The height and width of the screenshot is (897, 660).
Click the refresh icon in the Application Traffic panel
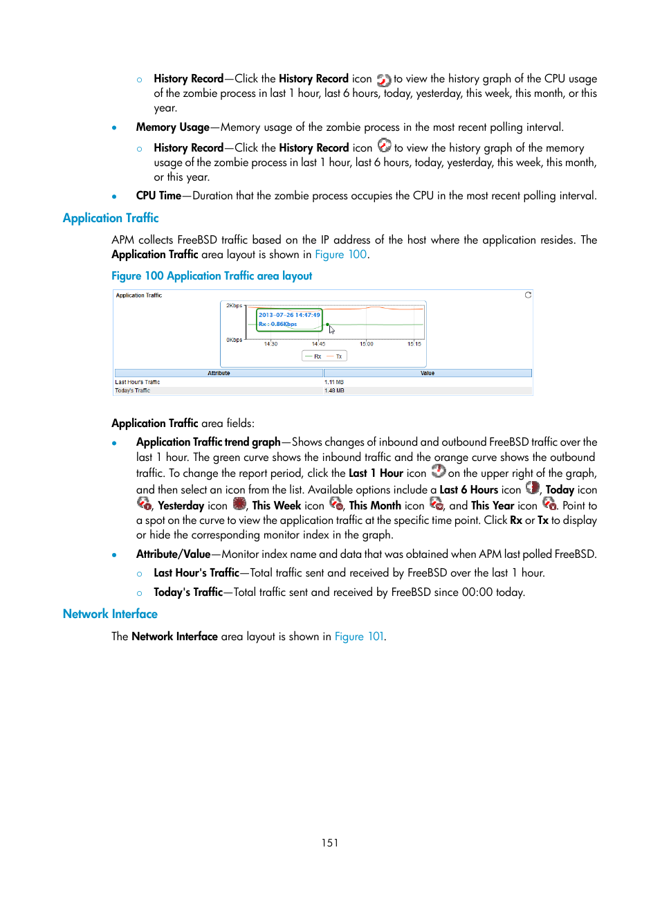pos(528,295)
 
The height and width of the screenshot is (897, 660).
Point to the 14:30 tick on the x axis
pos(271,343)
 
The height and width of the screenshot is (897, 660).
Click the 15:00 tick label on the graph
pos(366,343)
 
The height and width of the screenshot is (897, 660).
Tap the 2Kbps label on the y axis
pos(234,305)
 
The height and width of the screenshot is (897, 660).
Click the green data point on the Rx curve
pos(327,324)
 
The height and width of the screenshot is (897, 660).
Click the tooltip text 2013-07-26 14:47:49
pos(289,315)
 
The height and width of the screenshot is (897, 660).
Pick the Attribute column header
pos(219,373)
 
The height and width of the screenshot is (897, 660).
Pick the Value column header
pos(428,373)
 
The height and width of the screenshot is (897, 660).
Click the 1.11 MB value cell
pos(334,382)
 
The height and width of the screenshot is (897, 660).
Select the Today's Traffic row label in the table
pos(133,390)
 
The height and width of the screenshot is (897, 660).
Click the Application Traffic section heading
pos(111,218)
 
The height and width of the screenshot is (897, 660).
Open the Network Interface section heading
pos(110,614)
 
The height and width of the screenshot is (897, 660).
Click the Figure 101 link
pos(359,636)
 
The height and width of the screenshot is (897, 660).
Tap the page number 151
pos(330,842)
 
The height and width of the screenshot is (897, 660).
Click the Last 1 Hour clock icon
pos(439,471)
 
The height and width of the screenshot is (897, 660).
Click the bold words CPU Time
pos(158,196)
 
